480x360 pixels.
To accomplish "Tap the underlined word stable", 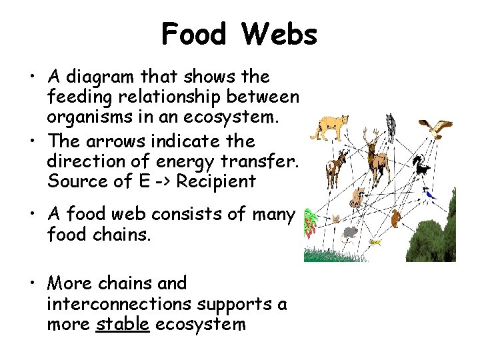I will point(122,325).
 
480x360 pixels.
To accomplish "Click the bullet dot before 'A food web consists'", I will point(33,215).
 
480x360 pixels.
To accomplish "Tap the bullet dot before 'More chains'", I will point(33,284).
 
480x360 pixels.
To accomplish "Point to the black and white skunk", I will point(421,165).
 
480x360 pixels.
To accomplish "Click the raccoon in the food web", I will point(357,197).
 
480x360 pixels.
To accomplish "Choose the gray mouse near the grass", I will point(350,234).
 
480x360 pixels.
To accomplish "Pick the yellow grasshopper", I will point(376,241).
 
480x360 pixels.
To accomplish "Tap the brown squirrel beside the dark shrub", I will point(396,218).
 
